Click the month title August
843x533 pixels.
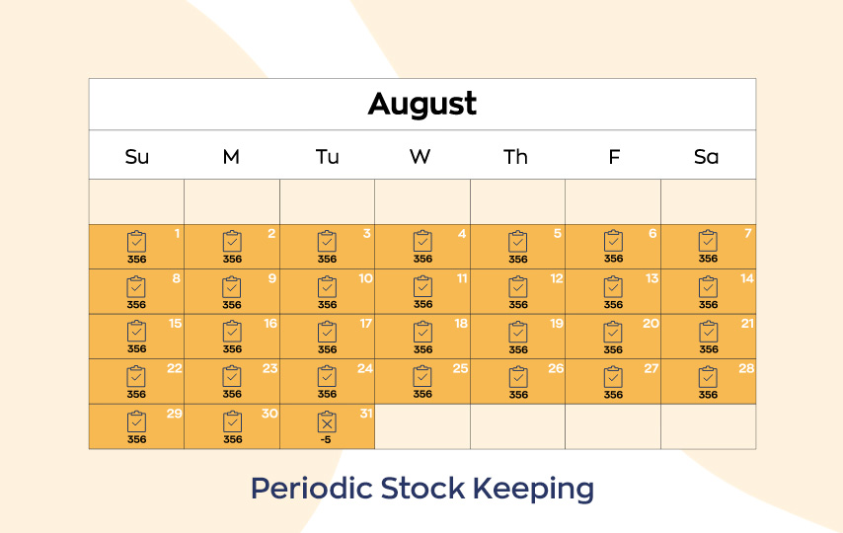click(422, 105)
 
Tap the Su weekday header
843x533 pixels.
click(136, 157)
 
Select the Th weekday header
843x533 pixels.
click(515, 157)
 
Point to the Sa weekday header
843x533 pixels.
click(706, 157)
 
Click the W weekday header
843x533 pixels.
click(420, 157)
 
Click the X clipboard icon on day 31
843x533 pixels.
click(327, 421)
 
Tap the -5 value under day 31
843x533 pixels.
click(326, 439)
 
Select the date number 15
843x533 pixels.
click(176, 323)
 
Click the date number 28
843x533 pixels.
click(746, 368)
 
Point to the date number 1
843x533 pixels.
click(177, 233)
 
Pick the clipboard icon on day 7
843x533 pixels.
click(708, 241)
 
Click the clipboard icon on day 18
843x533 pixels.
click(422, 332)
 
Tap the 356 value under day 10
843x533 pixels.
click(327, 304)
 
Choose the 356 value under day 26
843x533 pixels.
click(518, 394)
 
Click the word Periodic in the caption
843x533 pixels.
click(312, 489)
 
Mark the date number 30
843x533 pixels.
click(269, 414)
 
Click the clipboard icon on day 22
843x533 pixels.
click(136, 376)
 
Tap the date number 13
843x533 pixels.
click(651, 278)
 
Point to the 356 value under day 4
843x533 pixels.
click(422, 259)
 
